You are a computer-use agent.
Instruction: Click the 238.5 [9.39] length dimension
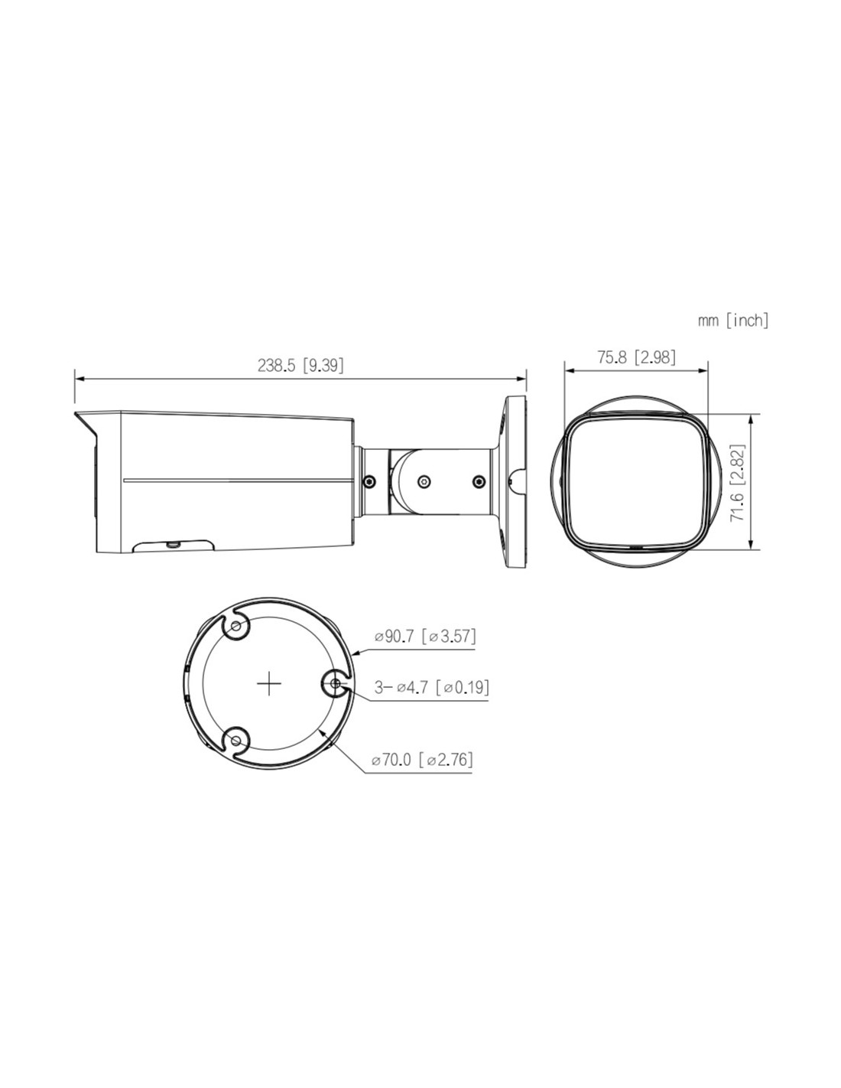click(300, 366)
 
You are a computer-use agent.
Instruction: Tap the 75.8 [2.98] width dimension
click(636, 357)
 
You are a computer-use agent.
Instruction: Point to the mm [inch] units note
click(733, 320)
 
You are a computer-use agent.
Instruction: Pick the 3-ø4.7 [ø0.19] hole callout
click(432, 687)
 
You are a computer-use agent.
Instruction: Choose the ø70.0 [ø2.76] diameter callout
click(422, 760)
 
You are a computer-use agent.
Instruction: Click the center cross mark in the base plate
click(269, 683)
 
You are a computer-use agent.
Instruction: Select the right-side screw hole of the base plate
click(335, 683)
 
